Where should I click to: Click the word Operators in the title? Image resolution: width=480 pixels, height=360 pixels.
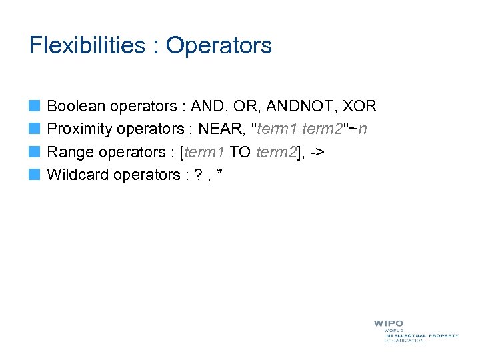(x=219, y=45)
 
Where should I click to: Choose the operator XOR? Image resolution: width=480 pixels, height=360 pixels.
(x=361, y=106)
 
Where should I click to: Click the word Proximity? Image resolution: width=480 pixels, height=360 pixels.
(x=79, y=129)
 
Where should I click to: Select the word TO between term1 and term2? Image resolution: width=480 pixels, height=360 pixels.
(x=240, y=152)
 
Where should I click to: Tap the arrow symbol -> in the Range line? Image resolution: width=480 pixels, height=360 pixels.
(x=317, y=152)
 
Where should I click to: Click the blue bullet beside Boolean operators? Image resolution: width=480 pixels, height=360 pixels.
(x=35, y=106)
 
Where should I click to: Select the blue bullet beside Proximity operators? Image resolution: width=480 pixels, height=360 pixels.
(x=35, y=129)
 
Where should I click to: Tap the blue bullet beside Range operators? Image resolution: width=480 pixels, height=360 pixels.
(x=35, y=152)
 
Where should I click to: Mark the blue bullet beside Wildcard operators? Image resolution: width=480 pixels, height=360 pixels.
(x=35, y=175)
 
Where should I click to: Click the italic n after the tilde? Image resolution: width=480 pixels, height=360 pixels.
(x=362, y=129)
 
